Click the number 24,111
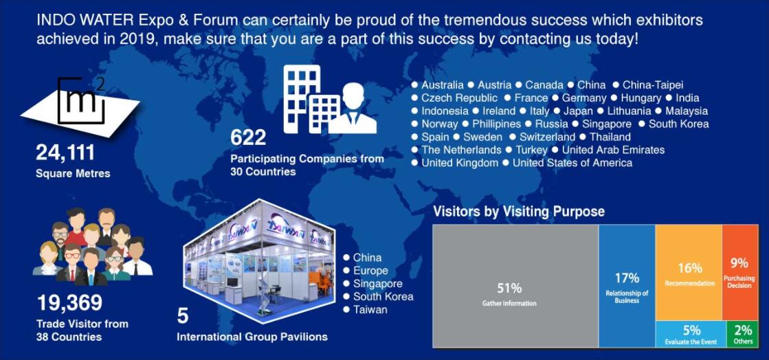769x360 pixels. pos(65,153)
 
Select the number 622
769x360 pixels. pos(248,138)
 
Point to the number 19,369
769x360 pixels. pos(69,302)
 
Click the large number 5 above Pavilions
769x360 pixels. pos(182,316)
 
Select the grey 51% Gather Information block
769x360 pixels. pos(515,286)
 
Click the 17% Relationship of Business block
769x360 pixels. pos(627,286)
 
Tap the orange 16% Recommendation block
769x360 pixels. pos(689,273)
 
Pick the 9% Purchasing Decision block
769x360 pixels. pos(741,273)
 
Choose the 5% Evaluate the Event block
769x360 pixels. pos(691,335)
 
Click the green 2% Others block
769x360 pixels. pos(742,335)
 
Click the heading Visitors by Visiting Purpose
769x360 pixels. pos(519,212)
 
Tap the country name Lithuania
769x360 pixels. pos(629,111)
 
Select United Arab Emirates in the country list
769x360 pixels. pos(613,150)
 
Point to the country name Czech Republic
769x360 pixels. pos(459,98)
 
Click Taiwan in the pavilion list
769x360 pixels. pos(370,309)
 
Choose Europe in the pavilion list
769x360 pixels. pos(370,271)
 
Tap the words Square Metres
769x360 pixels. pos(73,174)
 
